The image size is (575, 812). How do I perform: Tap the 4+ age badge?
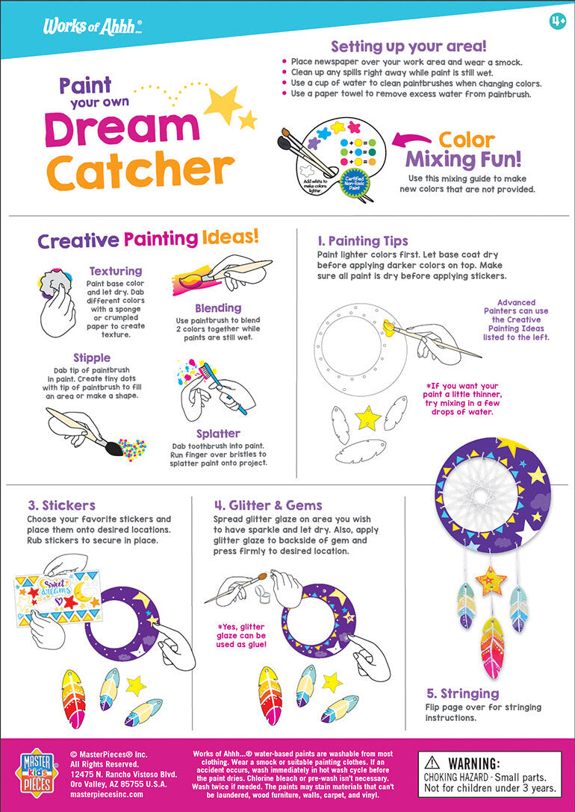coord(557,21)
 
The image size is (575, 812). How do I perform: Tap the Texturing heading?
coord(115,271)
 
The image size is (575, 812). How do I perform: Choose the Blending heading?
coord(218,307)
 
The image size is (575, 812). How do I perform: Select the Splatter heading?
coord(218,433)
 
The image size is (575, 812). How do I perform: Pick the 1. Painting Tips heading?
coord(362,240)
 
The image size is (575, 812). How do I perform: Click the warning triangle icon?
coord(432,763)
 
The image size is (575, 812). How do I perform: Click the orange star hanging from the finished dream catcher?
coord(491,579)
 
